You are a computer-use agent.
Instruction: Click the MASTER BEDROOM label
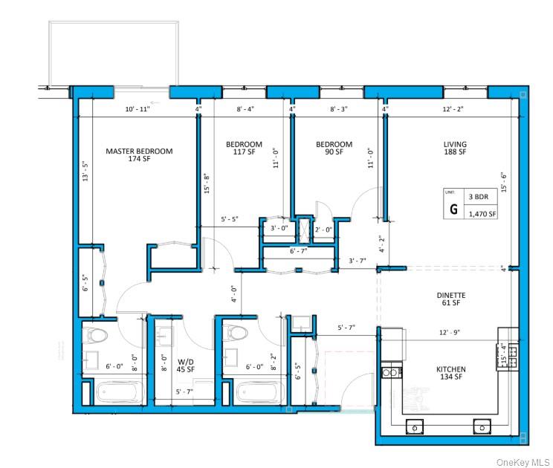click(139, 152)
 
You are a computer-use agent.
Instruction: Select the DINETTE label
click(451, 295)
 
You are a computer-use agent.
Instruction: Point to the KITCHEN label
click(450, 369)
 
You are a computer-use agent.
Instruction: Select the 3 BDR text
click(476, 197)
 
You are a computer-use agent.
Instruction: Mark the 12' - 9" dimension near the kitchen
click(451, 333)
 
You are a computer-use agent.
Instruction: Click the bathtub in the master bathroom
click(118, 391)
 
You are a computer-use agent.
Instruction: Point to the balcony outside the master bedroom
click(113, 52)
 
